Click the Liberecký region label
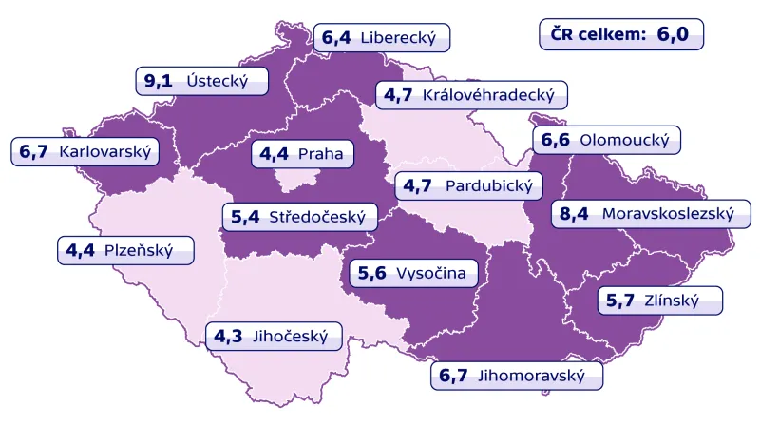point(381,38)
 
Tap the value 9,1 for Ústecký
point(158,81)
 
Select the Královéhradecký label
point(472,95)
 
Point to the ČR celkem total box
point(621,34)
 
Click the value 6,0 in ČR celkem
point(671,34)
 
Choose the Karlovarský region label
point(85,151)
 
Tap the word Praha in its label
point(320,153)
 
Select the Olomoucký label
point(605,140)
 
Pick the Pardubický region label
point(469,185)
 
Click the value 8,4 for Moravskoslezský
point(574,214)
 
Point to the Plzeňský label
point(123,251)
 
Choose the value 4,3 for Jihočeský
point(226,336)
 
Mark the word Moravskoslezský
point(668,214)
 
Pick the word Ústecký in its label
point(218,81)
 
